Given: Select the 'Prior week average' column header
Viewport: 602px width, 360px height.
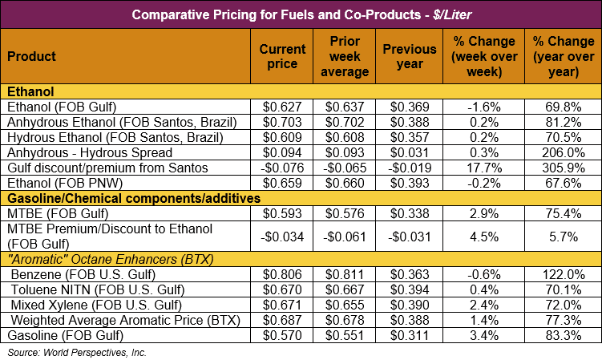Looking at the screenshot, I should point(349,56).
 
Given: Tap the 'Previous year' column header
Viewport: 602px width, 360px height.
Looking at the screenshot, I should point(409,56).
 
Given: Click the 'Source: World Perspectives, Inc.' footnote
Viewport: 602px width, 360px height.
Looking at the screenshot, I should point(77,352).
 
